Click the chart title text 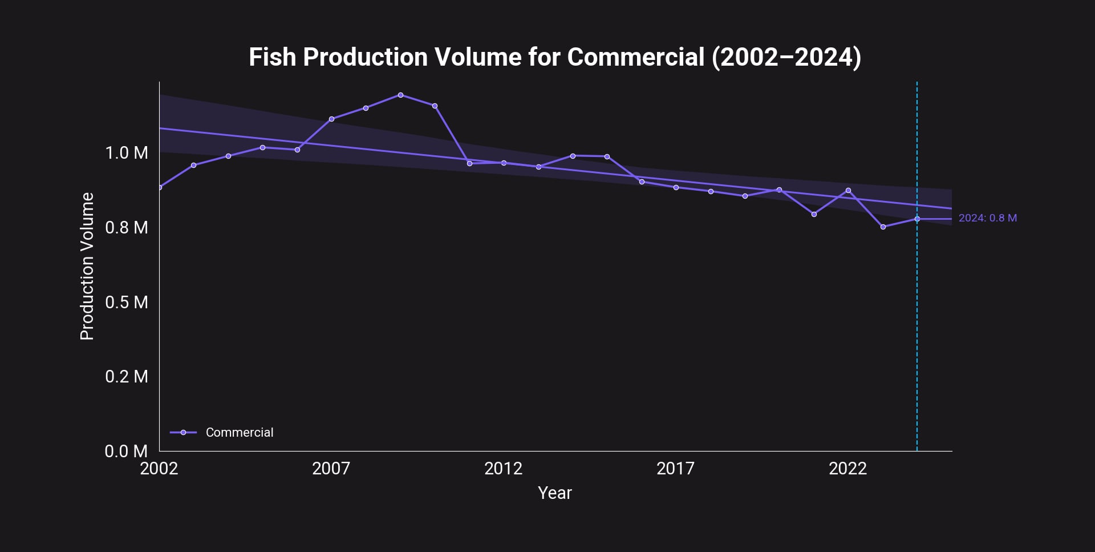pyautogui.click(x=554, y=57)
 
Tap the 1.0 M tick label pyautogui.click(x=126, y=153)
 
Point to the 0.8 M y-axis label pyautogui.click(x=126, y=228)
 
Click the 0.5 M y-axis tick pyautogui.click(x=126, y=302)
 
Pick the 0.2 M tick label pyautogui.click(x=126, y=377)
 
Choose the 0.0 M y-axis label pyautogui.click(x=126, y=452)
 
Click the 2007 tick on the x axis pyautogui.click(x=331, y=469)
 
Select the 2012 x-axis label pyautogui.click(x=503, y=469)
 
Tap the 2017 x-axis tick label pyautogui.click(x=675, y=469)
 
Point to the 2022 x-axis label pyautogui.click(x=847, y=469)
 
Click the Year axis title pyautogui.click(x=554, y=493)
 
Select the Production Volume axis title pyautogui.click(x=87, y=266)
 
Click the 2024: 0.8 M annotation pyautogui.click(x=987, y=218)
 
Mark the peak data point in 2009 pyautogui.click(x=400, y=95)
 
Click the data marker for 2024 pyautogui.click(x=917, y=219)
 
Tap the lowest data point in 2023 pyautogui.click(x=883, y=227)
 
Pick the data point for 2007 pyautogui.click(x=331, y=119)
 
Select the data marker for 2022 pyautogui.click(x=848, y=191)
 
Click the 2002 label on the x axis pyautogui.click(x=159, y=469)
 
